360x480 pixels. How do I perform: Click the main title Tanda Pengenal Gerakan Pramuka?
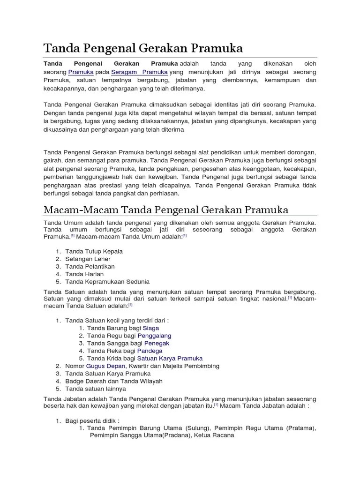click(142, 48)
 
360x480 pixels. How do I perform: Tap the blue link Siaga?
click(151, 328)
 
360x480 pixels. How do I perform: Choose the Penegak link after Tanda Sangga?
click(156, 343)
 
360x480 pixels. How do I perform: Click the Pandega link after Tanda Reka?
click(150, 351)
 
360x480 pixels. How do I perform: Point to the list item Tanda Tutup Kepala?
click(94, 251)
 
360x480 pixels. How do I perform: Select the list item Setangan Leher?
click(88, 259)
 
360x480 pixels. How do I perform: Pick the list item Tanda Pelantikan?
click(90, 266)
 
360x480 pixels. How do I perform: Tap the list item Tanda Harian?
click(84, 274)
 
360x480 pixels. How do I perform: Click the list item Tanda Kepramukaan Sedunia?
click(107, 281)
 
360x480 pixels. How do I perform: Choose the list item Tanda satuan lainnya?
click(96, 388)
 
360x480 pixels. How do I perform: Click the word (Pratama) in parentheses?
click(301, 427)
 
